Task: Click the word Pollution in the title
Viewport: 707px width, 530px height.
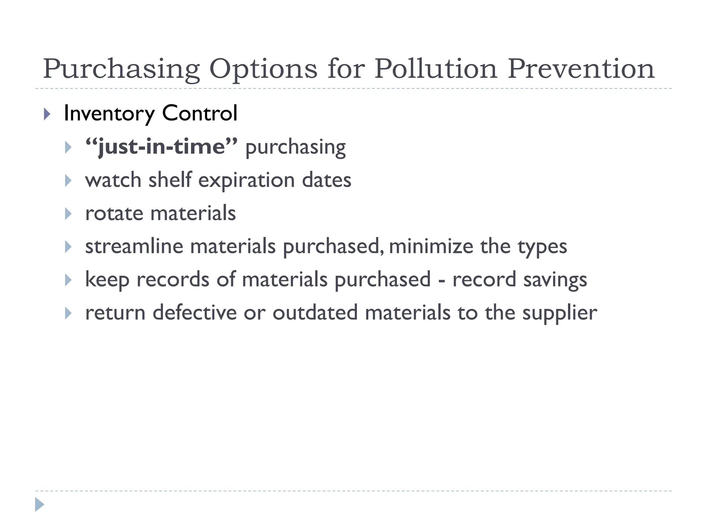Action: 436,69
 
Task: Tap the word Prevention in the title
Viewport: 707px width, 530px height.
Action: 581,69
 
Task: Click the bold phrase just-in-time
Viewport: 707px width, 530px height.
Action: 162,147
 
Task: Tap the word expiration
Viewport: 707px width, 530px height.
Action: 246,180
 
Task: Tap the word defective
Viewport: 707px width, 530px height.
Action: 194,313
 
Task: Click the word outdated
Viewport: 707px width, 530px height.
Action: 315,313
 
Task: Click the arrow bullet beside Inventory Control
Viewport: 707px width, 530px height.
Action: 47,114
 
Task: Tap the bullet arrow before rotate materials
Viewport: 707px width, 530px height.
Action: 68,214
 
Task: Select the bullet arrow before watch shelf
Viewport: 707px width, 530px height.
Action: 68,180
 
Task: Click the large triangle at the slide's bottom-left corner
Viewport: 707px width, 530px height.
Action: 39,504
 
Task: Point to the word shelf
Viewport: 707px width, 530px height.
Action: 170,180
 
